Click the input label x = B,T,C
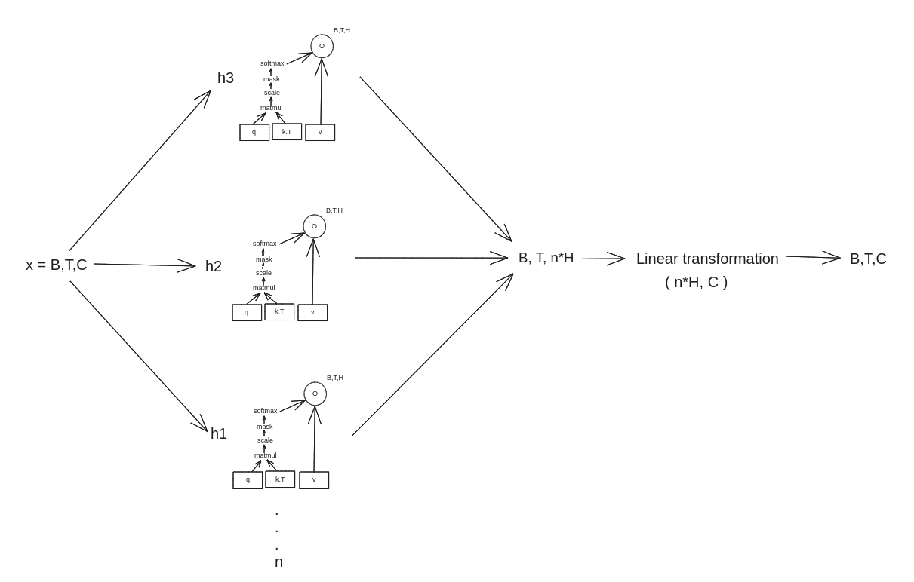click(57, 265)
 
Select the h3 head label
click(226, 78)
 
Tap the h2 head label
click(214, 266)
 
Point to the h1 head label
click(219, 433)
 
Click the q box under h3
click(254, 133)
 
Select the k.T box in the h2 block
click(279, 312)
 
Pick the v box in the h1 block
click(314, 479)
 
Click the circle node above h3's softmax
click(322, 35)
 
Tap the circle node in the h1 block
click(315, 383)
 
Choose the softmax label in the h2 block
click(264, 244)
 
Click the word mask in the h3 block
click(272, 79)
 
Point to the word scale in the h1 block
click(265, 440)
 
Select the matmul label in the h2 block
click(264, 288)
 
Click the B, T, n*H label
click(546, 258)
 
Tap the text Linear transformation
click(707, 259)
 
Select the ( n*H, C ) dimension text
click(696, 282)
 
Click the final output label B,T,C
click(868, 259)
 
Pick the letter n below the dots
click(279, 562)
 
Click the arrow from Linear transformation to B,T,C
click(813, 257)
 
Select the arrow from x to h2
click(144, 265)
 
